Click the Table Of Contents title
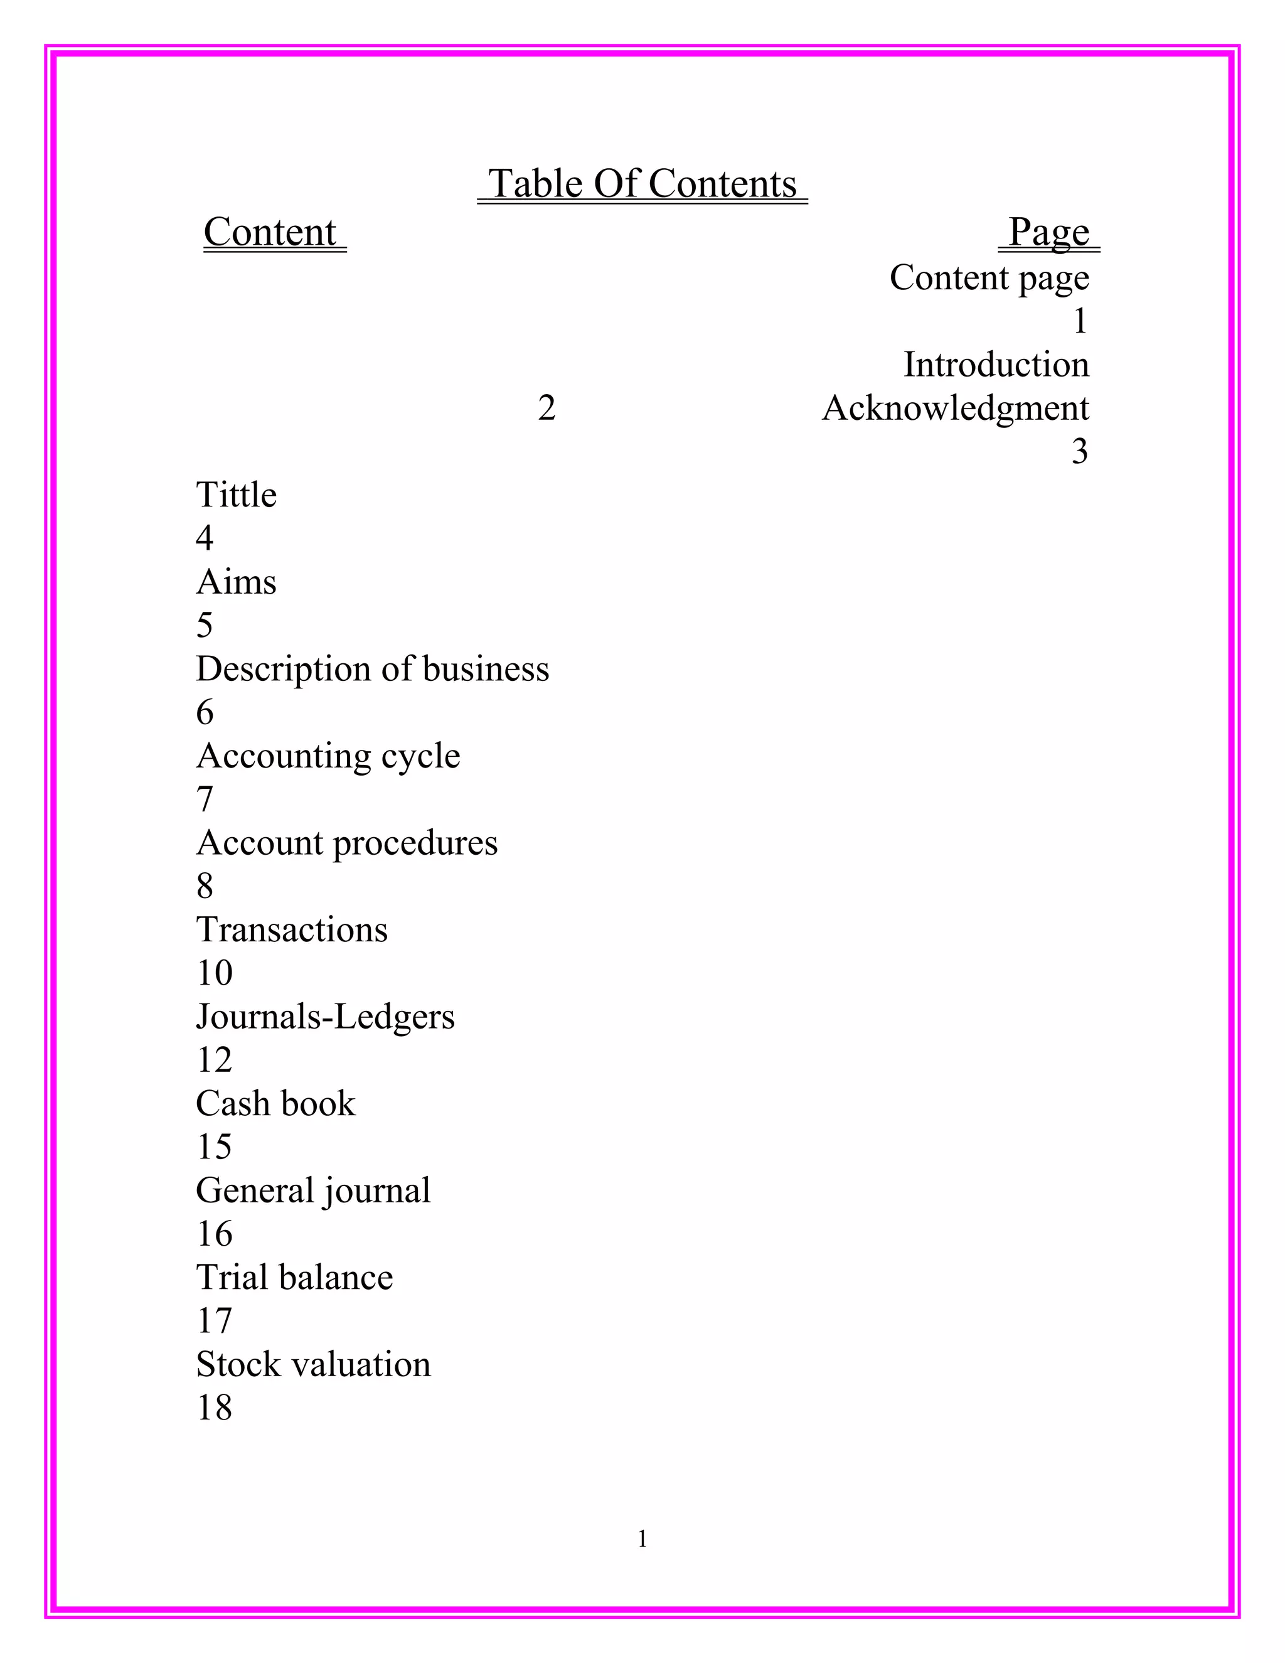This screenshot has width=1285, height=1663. pyautogui.click(x=642, y=184)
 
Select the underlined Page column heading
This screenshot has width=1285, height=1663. pyautogui.click(x=1048, y=232)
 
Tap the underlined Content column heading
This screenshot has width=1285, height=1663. pyautogui.click(x=270, y=232)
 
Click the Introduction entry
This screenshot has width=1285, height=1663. pyautogui.click(x=996, y=365)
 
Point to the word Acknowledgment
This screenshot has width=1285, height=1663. pyautogui.click(x=956, y=408)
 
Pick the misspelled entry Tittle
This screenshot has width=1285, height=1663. pyautogui.click(x=236, y=495)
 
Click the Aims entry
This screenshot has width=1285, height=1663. pyautogui.click(x=236, y=582)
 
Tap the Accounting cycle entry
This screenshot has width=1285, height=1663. pyautogui.click(x=328, y=756)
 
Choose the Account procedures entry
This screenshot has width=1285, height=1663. pyautogui.click(x=346, y=843)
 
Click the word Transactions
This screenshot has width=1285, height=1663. pyautogui.click(x=292, y=930)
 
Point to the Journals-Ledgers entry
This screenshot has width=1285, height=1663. pyautogui.click(x=325, y=1017)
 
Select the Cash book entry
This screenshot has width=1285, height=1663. pyautogui.click(x=275, y=1103)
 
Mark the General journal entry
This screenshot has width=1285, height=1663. pyautogui.click(x=313, y=1190)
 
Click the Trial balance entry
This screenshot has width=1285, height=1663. pyautogui.click(x=295, y=1278)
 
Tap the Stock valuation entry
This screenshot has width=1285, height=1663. pyautogui.click(x=313, y=1364)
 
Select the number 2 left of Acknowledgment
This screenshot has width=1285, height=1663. pyautogui.click(x=547, y=408)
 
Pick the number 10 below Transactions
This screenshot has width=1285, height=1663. pyautogui.click(x=214, y=973)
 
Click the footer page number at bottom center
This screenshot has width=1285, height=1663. pyautogui.click(x=642, y=1539)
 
